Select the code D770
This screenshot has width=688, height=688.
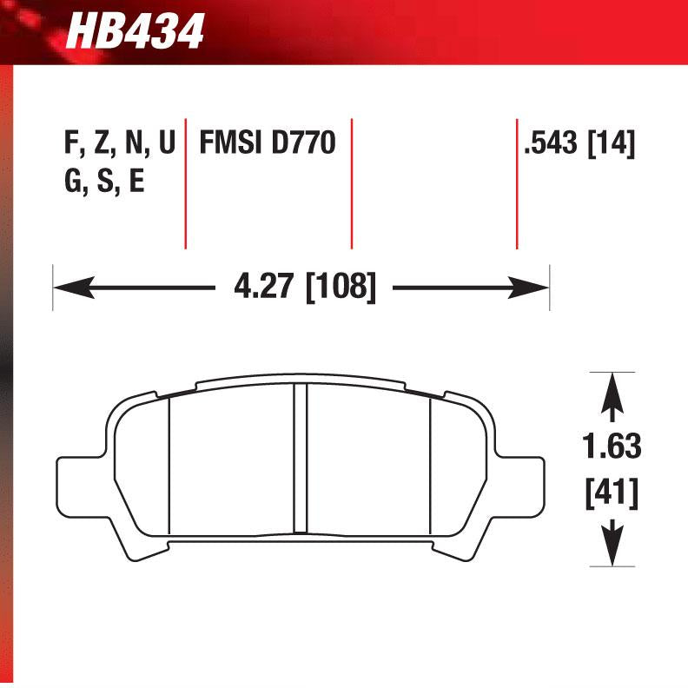pyautogui.click(x=303, y=142)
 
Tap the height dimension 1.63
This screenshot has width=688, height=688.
pyautogui.click(x=612, y=447)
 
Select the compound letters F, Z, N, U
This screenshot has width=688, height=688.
pyautogui.click(x=119, y=142)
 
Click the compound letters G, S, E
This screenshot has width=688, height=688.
pyautogui.click(x=103, y=183)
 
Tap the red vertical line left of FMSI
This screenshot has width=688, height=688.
pyautogui.click(x=185, y=182)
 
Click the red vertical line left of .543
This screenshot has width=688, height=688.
pyautogui.click(x=517, y=182)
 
